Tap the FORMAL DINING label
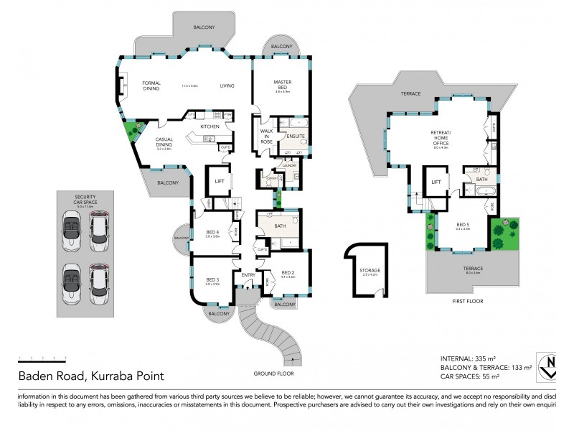pyautogui.click(x=151, y=85)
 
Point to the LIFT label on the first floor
pyautogui.click(x=436, y=182)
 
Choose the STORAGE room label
pyautogui.click(x=370, y=271)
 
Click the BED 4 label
pyautogui.click(x=212, y=232)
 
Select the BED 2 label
pyautogui.click(x=288, y=273)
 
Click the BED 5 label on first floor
pyautogui.click(x=463, y=224)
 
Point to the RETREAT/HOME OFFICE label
pyautogui.click(x=441, y=138)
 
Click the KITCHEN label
pyautogui.click(x=210, y=126)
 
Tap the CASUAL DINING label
pyautogui.click(x=164, y=142)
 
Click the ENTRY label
pyautogui.click(x=248, y=275)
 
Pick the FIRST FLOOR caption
pyautogui.click(x=469, y=302)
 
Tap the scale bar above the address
pyautogui.click(x=42, y=358)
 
